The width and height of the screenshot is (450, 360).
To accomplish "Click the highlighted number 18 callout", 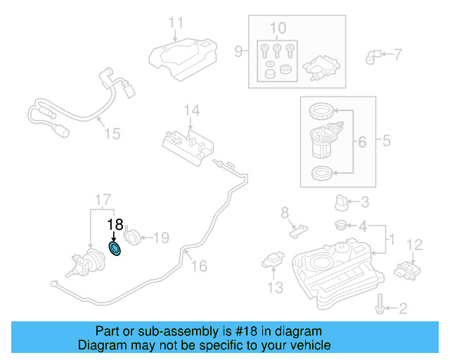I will [115, 225].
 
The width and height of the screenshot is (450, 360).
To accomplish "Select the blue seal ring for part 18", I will [115, 249].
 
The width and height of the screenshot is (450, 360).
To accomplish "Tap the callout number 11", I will [176, 22].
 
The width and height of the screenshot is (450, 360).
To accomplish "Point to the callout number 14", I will [192, 110].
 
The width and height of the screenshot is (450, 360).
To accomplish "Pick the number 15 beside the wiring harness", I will [112, 133].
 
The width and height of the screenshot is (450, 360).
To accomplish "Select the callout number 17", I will [103, 199].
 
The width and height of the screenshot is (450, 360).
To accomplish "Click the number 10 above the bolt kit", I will [278, 29].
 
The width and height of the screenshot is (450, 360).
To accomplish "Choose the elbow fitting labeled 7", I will [372, 55].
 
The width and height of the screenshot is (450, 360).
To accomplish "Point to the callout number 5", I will [386, 141].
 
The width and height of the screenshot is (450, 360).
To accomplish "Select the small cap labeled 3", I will [342, 203].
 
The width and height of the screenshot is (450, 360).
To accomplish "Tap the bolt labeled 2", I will [382, 306].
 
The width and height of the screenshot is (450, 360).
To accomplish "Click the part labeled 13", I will [272, 260].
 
